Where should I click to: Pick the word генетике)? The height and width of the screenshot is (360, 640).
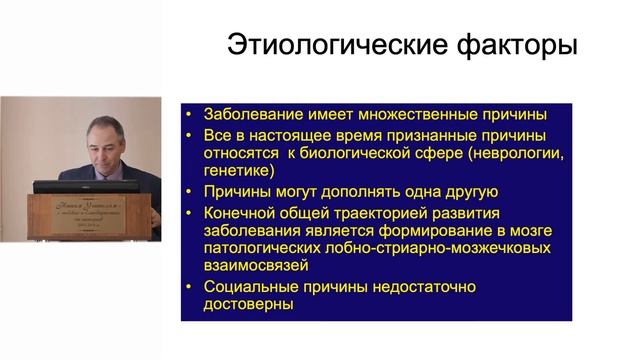[239, 172]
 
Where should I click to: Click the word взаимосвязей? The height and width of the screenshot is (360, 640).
[258, 268]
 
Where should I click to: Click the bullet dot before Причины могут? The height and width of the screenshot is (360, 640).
[189, 192]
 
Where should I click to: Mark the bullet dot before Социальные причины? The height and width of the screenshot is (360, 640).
[189, 288]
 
